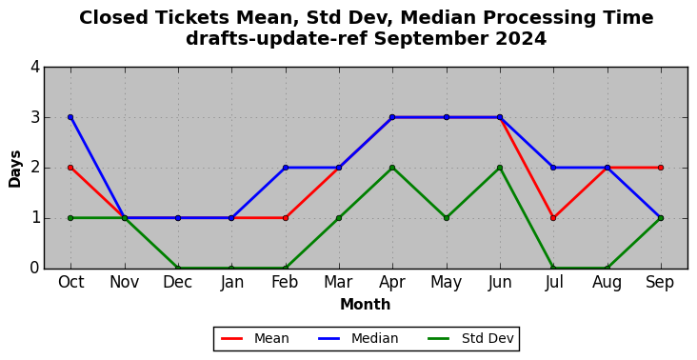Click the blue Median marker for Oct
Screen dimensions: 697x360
click(70, 117)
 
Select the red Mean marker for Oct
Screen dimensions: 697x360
click(70, 168)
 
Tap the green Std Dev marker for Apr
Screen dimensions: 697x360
click(392, 168)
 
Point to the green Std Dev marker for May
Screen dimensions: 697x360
click(447, 218)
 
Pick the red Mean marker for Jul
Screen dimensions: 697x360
click(553, 218)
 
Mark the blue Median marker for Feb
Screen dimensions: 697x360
click(286, 168)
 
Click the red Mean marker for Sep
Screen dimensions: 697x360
click(661, 168)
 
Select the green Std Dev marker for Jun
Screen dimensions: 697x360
click(500, 168)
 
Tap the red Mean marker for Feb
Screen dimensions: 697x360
click(286, 218)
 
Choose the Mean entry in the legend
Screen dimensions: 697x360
click(255, 339)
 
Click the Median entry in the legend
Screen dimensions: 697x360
click(358, 339)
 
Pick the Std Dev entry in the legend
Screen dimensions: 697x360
click(470, 339)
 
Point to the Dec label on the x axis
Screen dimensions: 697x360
click(178, 282)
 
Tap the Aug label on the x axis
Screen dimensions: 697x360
click(607, 283)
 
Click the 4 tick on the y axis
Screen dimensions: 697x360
click(35, 67)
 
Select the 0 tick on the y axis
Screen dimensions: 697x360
click(35, 269)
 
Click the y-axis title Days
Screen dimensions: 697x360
click(14, 169)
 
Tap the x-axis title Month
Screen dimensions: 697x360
click(366, 305)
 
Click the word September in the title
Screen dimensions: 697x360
click(430, 40)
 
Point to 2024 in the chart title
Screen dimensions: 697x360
click(521, 39)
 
